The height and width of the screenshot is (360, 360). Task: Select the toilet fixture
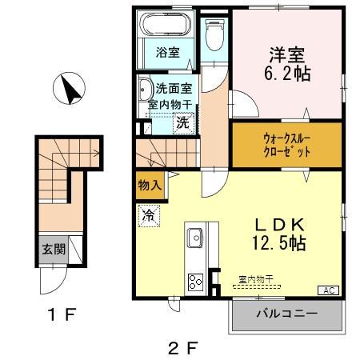pos(214,34)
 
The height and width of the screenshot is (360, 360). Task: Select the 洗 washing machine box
pos(183,123)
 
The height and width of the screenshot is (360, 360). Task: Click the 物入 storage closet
pos(150,185)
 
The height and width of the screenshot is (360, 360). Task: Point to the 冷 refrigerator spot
pos(148,214)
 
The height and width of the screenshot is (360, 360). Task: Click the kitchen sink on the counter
pos(195,238)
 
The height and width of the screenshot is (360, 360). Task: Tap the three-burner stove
pos(195,281)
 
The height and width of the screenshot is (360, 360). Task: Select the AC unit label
pos(329,289)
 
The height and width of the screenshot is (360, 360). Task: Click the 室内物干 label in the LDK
pos(256,279)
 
